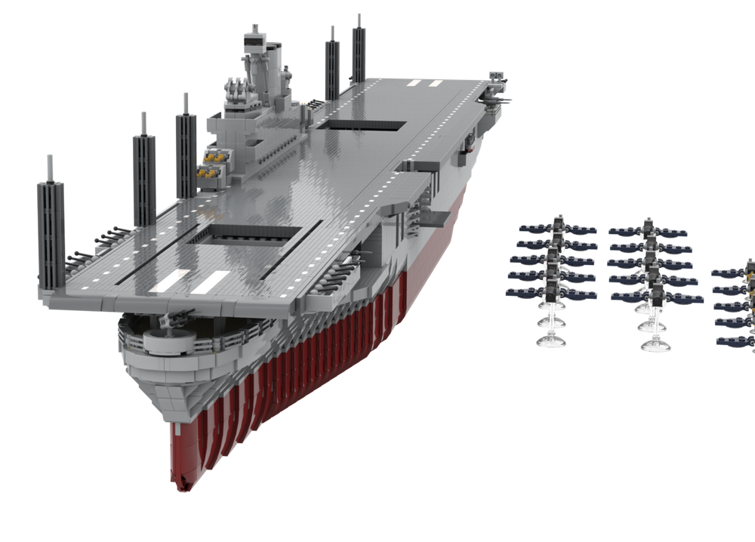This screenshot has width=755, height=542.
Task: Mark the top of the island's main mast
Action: pyautogui.click(x=254, y=29)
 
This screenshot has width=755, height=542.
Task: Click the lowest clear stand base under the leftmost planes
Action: pyautogui.click(x=552, y=340)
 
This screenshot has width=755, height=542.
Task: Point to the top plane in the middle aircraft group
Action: pyautogui.click(x=648, y=226)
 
